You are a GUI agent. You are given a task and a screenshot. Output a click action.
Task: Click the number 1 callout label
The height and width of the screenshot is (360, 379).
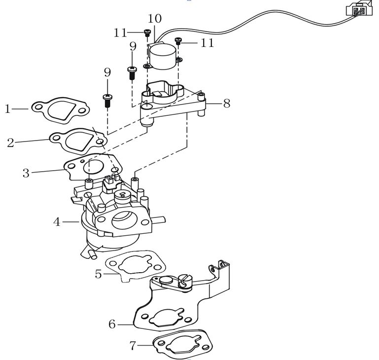click(7, 108)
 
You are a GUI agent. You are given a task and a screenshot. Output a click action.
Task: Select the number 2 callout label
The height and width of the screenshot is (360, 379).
click(10, 143)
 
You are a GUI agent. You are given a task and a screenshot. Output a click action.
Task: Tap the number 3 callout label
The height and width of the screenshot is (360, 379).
click(26, 173)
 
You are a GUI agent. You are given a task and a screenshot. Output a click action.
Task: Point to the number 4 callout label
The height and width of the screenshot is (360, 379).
click(57, 222)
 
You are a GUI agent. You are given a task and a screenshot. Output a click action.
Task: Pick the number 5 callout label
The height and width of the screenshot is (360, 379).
click(99, 274)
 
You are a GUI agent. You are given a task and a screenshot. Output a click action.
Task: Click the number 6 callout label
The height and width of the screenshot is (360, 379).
click(112, 324)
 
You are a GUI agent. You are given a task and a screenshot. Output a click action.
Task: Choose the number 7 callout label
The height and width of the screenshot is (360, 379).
click(133, 346)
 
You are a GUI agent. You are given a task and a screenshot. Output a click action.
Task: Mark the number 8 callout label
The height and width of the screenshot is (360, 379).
click(226, 104)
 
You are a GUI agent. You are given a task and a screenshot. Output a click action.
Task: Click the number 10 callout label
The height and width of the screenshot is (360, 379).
click(154, 19)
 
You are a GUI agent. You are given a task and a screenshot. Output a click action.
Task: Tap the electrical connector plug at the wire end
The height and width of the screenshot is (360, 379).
click(356, 9)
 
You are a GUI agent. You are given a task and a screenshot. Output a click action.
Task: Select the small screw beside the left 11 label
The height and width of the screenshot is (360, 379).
click(147, 33)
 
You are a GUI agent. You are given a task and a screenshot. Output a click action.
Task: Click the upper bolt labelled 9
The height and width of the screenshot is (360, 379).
click(132, 72)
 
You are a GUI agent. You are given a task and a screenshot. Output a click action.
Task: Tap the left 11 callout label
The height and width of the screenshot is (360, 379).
click(120, 33)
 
